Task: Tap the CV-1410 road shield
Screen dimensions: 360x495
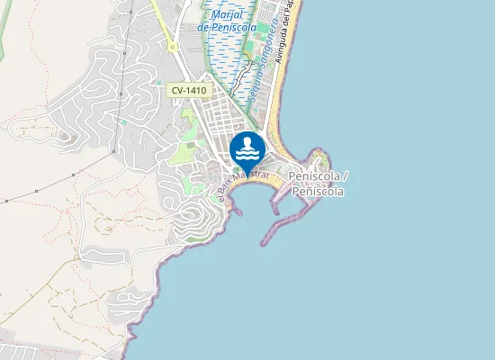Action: tap(187, 90)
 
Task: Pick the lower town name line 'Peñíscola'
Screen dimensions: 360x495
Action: tap(319, 191)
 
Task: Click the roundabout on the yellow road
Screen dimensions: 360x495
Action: tap(171, 48)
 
